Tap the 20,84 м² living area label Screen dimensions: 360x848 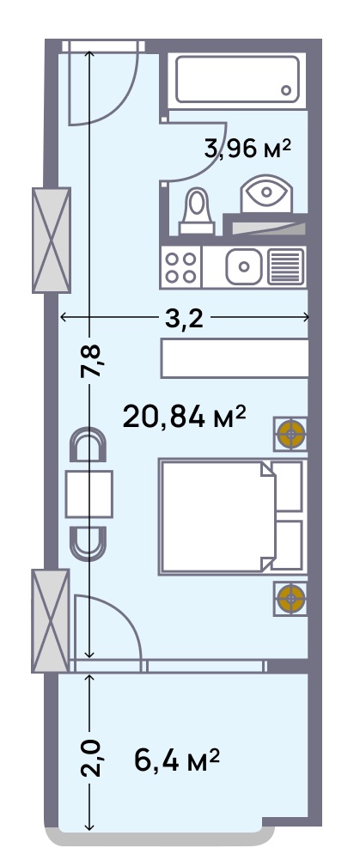click(x=185, y=417)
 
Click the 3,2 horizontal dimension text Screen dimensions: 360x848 click(x=184, y=319)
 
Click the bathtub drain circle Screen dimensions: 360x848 click(x=286, y=90)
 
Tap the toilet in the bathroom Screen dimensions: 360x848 click(x=196, y=211)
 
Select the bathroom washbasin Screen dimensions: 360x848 click(x=266, y=193)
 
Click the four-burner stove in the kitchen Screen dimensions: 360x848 click(x=181, y=267)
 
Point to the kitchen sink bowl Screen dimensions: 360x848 click(x=244, y=266)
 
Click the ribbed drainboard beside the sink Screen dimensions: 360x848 click(x=286, y=266)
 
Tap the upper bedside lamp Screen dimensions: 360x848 click(x=290, y=434)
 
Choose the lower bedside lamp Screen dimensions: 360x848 click(x=290, y=599)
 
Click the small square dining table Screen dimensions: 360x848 click(x=89, y=494)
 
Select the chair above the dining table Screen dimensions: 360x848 click(x=88, y=444)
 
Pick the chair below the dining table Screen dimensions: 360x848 click(x=88, y=544)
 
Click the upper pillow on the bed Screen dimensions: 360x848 click(x=288, y=486)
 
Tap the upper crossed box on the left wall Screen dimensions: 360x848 click(x=52, y=240)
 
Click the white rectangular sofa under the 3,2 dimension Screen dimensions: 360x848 click(x=235, y=358)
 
